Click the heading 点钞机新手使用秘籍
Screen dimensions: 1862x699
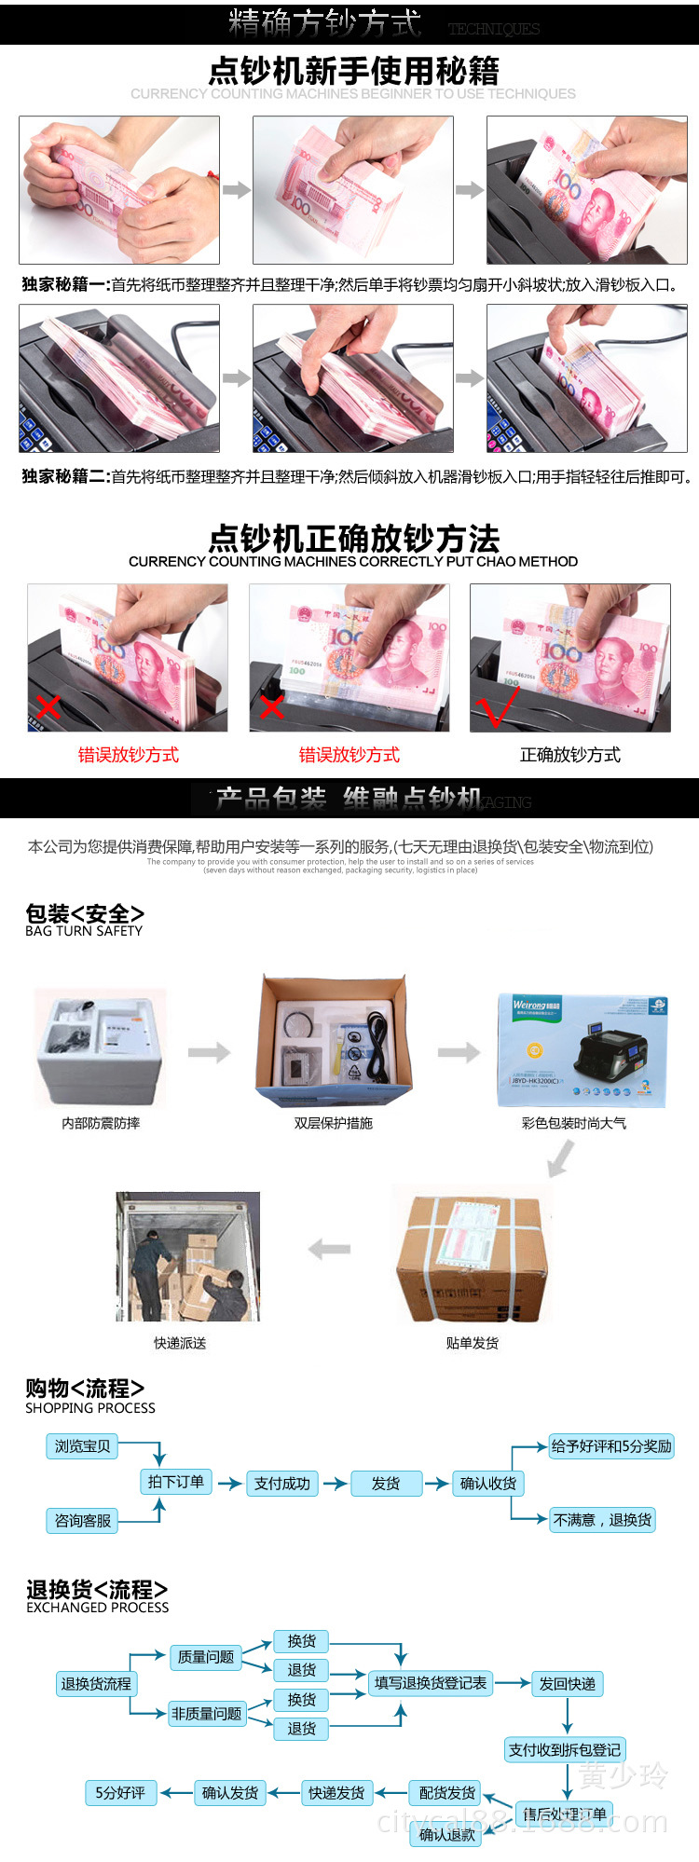point(353,71)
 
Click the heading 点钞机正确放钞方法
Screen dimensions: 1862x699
point(353,539)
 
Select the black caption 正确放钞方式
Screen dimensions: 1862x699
point(569,755)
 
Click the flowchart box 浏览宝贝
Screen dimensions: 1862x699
point(82,1446)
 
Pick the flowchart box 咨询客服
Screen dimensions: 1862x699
point(82,1521)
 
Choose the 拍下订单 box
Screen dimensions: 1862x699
point(175,1482)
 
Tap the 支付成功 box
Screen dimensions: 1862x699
point(281,1484)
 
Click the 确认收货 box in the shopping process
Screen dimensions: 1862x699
point(487,1484)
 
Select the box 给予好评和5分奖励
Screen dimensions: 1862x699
point(610,1446)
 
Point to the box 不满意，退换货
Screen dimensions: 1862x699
point(602,1520)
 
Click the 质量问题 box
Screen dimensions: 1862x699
point(206,1657)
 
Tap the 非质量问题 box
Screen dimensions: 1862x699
point(206,1714)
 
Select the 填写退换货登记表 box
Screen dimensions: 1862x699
point(430,1683)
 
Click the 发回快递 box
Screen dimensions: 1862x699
point(567,1684)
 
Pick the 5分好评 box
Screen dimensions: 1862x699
point(120,1793)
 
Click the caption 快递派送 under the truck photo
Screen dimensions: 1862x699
point(180,1343)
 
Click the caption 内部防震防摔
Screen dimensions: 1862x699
point(101,1124)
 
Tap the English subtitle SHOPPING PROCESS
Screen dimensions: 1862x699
point(90,1408)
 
